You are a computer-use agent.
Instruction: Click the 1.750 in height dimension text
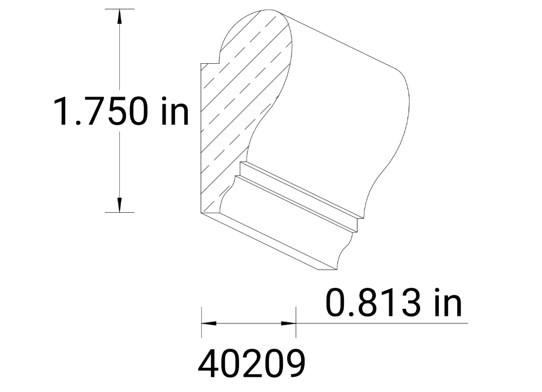pos(120,111)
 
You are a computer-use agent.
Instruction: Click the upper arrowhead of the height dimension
pos(119,16)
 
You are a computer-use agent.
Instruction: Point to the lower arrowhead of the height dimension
pos(119,205)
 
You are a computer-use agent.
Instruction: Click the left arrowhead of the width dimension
pos(208,323)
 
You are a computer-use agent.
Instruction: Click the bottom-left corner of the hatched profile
pos(202,213)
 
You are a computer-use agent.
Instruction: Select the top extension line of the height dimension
pos(119,9)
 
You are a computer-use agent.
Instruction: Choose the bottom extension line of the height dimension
pos(119,213)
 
